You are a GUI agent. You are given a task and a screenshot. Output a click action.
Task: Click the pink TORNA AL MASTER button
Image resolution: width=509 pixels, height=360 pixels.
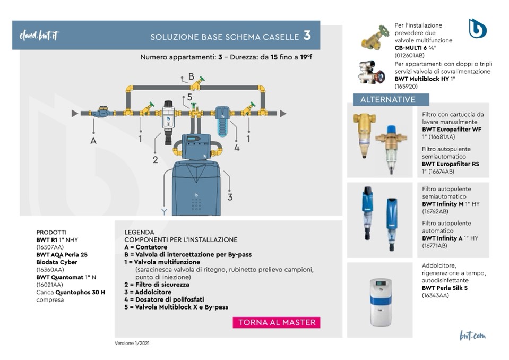pyautogui.click(x=277, y=322)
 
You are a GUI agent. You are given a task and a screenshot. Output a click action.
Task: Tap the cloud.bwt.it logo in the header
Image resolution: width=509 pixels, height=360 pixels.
pyautogui.click(x=39, y=36)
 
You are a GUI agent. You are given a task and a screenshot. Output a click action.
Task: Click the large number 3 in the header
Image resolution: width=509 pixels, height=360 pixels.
pyautogui.click(x=307, y=36)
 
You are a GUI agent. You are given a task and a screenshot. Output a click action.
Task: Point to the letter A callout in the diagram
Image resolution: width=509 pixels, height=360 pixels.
pyautogui.click(x=94, y=141)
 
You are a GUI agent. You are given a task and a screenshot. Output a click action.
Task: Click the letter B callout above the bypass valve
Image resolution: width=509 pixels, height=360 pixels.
pyautogui.click(x=191, y=76)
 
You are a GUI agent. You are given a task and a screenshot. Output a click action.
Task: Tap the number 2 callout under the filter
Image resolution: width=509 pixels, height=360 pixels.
pyautogui.click(x=156, y=160)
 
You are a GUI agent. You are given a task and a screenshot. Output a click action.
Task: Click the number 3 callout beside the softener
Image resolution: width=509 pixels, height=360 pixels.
pyautogui.click(x=230, y=197)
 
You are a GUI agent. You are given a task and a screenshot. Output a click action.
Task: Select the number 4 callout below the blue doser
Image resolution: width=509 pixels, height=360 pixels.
pyautogui.click(x=237, y=148)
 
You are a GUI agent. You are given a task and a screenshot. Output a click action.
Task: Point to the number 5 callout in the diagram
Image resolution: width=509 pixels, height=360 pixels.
pyautogui.click(x=189, y=97)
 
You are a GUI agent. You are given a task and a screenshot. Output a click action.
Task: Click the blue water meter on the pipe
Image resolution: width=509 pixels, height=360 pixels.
pyautogui.click(x=100, y=113)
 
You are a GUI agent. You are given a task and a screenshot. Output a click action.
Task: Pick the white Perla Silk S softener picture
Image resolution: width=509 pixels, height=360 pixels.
pyautogui.click(x=381, y=301)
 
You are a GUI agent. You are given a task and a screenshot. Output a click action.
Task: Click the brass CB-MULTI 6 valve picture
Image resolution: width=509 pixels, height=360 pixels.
pyautogui.click(x=375, y=38)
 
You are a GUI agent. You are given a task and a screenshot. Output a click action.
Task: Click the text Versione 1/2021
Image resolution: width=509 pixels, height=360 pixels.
pyautogui.click(x=132, y=343)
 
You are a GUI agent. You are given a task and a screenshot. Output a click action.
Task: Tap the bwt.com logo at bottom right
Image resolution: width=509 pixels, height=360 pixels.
pyautogui.click(x=472, y=336)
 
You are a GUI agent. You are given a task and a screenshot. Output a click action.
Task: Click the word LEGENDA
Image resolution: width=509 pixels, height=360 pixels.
pyautogui.click(x=139, y=232)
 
